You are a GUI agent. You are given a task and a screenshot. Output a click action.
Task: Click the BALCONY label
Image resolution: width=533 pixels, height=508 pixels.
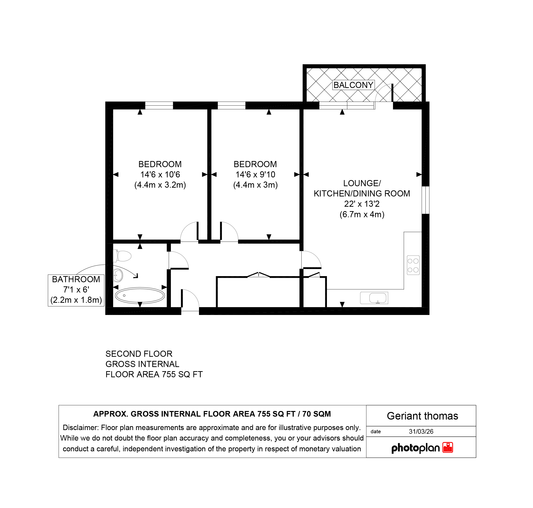pyautogui.click(x=353, y=85)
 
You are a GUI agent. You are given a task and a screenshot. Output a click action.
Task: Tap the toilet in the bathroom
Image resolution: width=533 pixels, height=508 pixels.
pyautogui.click(x=122, y=256)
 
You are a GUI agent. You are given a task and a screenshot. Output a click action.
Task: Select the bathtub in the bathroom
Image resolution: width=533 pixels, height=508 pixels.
pyautogui.click(x=140, y=295)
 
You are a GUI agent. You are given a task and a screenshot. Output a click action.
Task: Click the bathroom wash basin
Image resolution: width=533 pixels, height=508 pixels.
pyautogui.click(x=118, y=275)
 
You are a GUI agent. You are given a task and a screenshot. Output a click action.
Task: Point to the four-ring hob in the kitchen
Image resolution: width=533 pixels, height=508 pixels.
pyautogui.click(x=413, y=265)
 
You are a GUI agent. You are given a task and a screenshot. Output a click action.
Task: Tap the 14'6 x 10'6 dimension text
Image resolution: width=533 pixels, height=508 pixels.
pyautogui.click(x=160, y=175)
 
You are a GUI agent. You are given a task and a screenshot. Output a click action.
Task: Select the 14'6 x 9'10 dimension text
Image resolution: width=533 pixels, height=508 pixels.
pyautogui.click(x=255, y=175)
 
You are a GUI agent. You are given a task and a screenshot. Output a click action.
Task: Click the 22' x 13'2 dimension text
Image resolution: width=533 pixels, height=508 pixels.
pyautogui.click(x=362, y=204)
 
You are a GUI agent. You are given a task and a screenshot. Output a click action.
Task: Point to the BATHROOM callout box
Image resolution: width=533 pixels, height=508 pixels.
pyautogui.click(x=76, y=290)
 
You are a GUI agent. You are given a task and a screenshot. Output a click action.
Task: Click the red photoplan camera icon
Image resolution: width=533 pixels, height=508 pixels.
pyautogui.click(x=448, y=448)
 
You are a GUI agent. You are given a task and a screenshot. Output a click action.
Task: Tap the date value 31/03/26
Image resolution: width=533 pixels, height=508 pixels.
pyautogui.click(x=421, y=432)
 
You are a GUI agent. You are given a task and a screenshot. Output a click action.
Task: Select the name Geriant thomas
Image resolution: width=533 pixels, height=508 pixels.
pyautogui.click(x=422, y=416)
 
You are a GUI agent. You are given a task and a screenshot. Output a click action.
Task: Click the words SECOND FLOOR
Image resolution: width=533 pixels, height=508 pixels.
pyautogui.click(x=139, y=354)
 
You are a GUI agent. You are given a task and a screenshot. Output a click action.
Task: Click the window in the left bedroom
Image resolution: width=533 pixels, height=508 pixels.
pyautogui.click(x=159, y=105)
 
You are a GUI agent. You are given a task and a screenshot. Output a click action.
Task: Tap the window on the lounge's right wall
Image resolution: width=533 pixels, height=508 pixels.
pyautogui.click(x=426, y=200)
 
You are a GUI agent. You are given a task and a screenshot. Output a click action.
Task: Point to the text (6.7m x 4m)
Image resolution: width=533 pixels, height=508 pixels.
pyautogui.click(x=362, y=215)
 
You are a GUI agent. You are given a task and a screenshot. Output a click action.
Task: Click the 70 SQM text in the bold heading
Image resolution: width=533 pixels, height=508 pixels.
pyautogui.click(x=317, y=414)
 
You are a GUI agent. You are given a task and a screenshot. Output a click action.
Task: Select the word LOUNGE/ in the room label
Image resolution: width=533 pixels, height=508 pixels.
pyautogui.click(x=362, y=183)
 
